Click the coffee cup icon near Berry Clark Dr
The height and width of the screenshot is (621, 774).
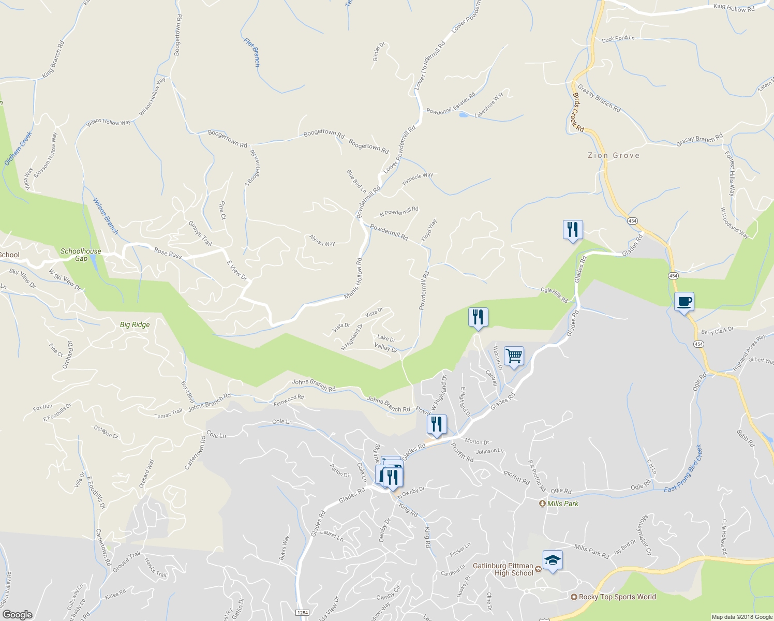684,302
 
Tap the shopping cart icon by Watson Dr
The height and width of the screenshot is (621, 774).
514,356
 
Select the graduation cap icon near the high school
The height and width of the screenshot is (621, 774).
553,560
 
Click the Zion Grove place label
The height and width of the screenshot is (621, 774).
614,155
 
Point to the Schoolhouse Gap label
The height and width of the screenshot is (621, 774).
81,255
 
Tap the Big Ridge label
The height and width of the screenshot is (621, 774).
135,325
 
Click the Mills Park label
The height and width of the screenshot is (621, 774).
562,504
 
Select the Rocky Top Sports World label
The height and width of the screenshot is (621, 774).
617,597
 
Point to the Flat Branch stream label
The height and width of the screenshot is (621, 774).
252,53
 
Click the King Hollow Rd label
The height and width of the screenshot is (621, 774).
734,8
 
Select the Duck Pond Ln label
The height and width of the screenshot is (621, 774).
618,38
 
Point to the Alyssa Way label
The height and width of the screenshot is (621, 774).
322,241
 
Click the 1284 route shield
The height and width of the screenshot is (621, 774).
303,613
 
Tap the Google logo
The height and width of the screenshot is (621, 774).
17,614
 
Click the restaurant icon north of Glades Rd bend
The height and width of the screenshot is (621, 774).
573,229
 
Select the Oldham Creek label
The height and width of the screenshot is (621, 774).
19,149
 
